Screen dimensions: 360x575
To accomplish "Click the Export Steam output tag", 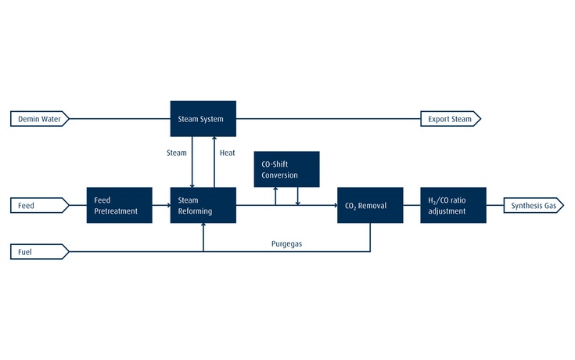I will pyautogui.click(x=450, y=119).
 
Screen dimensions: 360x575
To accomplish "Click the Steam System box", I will pyautogui.click(x=203, y=119).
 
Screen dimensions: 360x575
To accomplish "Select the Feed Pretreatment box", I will pyautogui.click(x=119, y=206).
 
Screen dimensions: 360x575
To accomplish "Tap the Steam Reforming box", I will pyautogui.click(x=203, y=206).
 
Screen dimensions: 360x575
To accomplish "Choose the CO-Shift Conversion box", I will pyautogui.click(x=286, y=169).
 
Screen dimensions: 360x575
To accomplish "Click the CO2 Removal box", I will pyautogui.click(x=370, y=206).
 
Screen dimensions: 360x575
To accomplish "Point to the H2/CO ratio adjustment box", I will pyautogui.click(x=453, y=206).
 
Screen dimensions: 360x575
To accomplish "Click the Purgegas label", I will pyautogui.click(x=286, y=244).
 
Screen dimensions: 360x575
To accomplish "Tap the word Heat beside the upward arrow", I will pyautogui.click(x=228, y=153).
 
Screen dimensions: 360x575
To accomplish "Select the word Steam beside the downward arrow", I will pyautogui.click(x=177, y=153).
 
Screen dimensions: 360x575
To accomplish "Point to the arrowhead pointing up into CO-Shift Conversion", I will pyautogui.click(x=275, y=190).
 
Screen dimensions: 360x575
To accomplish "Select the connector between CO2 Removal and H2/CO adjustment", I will pyautogui.click(x=412, y=206).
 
